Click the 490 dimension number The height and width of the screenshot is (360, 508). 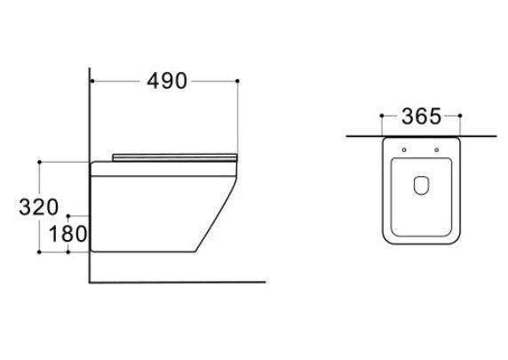pos(167,81)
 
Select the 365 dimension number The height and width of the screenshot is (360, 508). pos(421,116)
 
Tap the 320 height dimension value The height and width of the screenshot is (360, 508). pos(38,207)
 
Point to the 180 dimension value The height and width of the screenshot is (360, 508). pos(67,234)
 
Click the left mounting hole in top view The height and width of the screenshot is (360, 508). pos(404,150)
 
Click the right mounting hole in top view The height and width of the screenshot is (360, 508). pos(436,150)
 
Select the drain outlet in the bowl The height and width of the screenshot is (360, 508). pos(421,186)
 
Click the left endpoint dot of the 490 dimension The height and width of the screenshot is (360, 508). pos(92,81)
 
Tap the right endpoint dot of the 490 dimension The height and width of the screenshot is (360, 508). pos(237,81)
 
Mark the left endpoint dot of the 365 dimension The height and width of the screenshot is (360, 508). pos(382,116)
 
